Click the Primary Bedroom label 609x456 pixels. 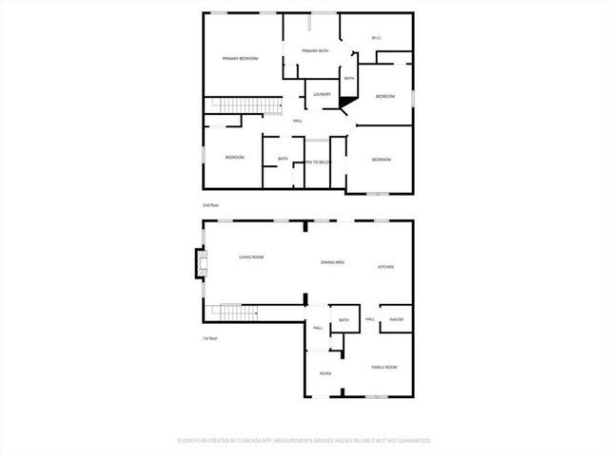[241, 59]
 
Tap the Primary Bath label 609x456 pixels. [315, 50]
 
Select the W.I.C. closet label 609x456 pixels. [376, 39]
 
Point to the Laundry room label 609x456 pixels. [323, 94]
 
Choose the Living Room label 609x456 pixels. [251, 257]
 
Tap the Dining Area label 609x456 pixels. [332, 261]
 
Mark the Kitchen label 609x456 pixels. [386, 267]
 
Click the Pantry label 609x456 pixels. [397, 320]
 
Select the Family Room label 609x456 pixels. [383, 367]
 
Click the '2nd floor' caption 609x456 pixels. [210, 205]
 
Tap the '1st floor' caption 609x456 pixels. [210, 339]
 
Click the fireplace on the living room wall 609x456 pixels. [199, 262]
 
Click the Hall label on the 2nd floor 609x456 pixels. [298, 121]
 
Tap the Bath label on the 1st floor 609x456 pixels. [344, 320]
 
